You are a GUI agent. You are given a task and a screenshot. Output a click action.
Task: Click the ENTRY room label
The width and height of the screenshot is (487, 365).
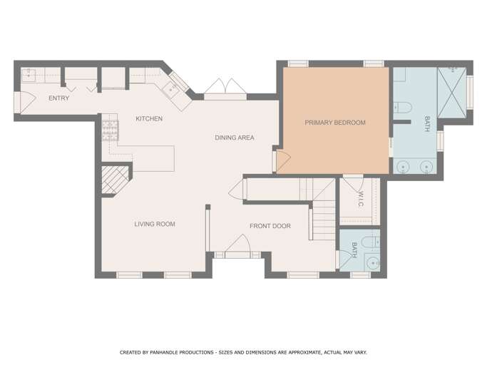pyautogui.click(x=58, y=98)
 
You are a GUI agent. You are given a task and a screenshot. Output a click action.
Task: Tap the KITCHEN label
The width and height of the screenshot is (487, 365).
pyautogui.click(x=149, y=118)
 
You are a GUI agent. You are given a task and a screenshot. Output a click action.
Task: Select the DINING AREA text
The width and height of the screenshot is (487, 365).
pyautogui.click(x=235, y=138)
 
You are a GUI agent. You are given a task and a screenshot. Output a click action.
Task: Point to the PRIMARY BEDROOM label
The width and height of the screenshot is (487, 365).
pyautogui.click(x=335, y=123)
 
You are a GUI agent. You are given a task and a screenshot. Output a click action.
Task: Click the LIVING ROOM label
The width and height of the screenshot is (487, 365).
pyautogui.click(x=155, y=224)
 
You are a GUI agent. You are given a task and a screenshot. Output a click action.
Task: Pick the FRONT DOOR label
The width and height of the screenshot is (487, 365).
pyautogui.click(x=270, y=226)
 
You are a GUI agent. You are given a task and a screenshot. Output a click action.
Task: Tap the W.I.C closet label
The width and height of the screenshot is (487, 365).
pyautogui.click(x=360, y=199)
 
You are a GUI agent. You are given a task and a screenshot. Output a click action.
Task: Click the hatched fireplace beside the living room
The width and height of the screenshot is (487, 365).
pyautogui.click(x=115, y=180)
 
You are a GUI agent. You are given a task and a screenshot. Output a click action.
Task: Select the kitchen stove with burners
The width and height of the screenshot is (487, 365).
pyautogui.click(x=111, y=130)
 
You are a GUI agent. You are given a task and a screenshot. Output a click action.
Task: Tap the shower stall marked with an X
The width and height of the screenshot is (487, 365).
pyautogui.click(x=452, y=93)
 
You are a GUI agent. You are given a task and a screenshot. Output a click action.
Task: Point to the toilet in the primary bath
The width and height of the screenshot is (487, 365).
pyautogui.click(x=403, y=108)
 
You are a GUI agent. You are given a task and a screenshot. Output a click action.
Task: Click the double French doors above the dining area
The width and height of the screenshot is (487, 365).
pyautogui.click(x=225, y=87)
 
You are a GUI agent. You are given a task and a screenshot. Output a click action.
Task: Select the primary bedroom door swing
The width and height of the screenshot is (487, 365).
pyautogui.click(x=283, y=160)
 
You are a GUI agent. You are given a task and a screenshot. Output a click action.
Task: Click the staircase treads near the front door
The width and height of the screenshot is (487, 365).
pyautogui.click(x=324, y=220)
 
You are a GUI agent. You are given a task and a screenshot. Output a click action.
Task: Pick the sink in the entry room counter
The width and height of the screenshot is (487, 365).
pyautogui.click(x=29, y=75)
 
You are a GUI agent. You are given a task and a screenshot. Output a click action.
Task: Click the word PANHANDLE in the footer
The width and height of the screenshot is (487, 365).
pyautogui.click(x=167, y=352)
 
